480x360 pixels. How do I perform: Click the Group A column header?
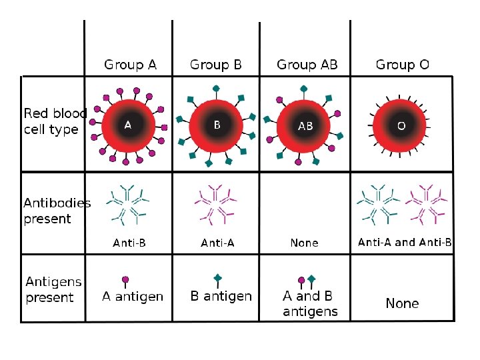[130, 65]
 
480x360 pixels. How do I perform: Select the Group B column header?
[216, 65]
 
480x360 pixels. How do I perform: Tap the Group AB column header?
[307, 65]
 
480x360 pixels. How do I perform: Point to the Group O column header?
[402, 65]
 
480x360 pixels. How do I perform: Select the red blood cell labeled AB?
[305, 126]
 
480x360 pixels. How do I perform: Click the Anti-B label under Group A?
[129, 243]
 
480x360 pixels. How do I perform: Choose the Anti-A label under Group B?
[218, 243]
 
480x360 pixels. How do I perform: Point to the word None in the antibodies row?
[304, 243]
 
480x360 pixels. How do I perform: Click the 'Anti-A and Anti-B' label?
[405, 242]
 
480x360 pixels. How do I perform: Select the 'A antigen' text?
[133, 296]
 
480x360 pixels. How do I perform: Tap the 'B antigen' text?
[221, 296]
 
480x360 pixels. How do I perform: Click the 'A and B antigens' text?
[310, 303]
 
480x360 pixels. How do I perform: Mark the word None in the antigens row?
[402, 303]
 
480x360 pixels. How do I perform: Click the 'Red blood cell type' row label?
[55, 121]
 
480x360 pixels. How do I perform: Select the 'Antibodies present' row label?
[57, 211]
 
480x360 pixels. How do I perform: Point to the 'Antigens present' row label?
[53, 289]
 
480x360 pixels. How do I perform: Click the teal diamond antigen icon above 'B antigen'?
[217, 278]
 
